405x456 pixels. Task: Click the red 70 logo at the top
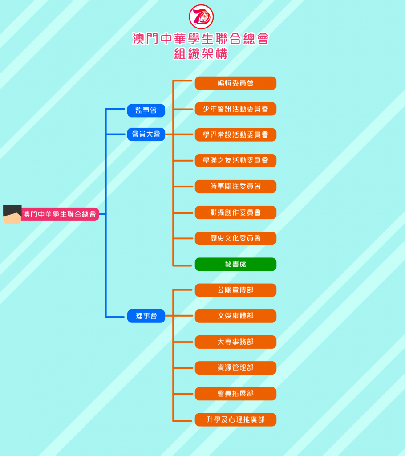pyautogui.click(x=201, y=16)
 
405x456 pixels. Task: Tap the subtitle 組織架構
pyautogui.click(x=201, y=54)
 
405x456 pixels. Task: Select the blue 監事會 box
pyautogui.click(x=146, y=110)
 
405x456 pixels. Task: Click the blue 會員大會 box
pyautogui.click(x=146, y=134)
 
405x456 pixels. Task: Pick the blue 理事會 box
pyautogui.click(x=146, y=316)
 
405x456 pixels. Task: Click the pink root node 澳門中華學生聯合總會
pyautogui.click(x=60, y=214)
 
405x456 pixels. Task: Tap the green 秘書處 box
pyautogui.click(x=235, y=264)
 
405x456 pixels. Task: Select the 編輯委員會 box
pyautogui.click(x=235, y=83)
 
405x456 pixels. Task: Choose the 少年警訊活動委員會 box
pyautogui.click(x=235, y=109)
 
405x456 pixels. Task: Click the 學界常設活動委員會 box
pyautogui.click(x=235, y=134)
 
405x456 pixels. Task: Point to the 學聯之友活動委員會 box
pyautogui.click(x=235, y=160)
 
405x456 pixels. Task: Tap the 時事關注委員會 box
pyautogui.click(x=235, y=187)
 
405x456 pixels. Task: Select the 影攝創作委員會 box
pyautogui.click(x=235, y=212)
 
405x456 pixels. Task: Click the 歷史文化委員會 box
pyautogui.click(x=235, y=238)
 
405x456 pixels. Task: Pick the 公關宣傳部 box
pyautogui.click(x=235, y=290)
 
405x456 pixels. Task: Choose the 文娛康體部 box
pyautogui.click(x=235, y=316)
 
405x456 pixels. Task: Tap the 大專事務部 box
pyautogui.click(x=235, y=342)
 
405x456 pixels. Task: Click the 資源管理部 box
pyautogui.click(x=235, y=367)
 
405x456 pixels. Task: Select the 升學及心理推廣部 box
pyautogui.click(x=235, y=419)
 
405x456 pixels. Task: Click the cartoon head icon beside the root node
pyautogui.click(x=12, y=214)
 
